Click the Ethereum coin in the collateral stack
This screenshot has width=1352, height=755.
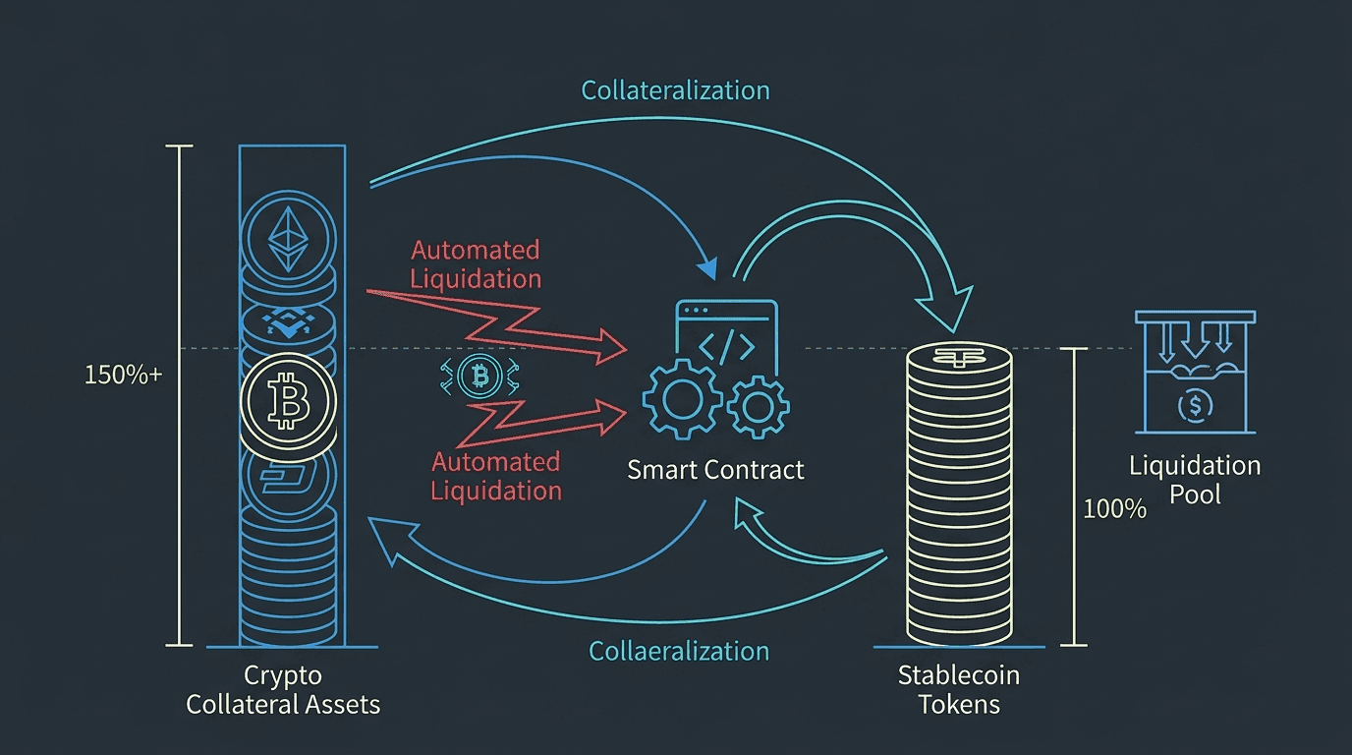coord(291,236)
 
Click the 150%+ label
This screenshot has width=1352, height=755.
coord(123,375)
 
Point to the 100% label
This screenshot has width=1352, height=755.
coord(1114,509)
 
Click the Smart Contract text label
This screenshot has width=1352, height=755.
coord(715,470)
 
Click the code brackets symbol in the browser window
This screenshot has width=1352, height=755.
coord(727,345)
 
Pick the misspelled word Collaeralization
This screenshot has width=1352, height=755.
coord(679,651)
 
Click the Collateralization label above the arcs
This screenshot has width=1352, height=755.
coord(675,90)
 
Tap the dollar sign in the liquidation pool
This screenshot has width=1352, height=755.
coord(1194,404)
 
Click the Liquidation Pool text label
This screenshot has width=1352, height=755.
coord(1195,479)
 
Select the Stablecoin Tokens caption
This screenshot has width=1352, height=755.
coord(959,690)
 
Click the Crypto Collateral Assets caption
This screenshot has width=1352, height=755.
coord(283,690)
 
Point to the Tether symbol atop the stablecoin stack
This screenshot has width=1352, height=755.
coord(958,359)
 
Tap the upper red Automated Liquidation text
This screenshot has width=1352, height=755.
coord(476,264)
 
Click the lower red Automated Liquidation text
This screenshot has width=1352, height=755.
coord(496,476)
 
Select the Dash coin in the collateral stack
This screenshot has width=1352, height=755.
coord(289,478)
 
